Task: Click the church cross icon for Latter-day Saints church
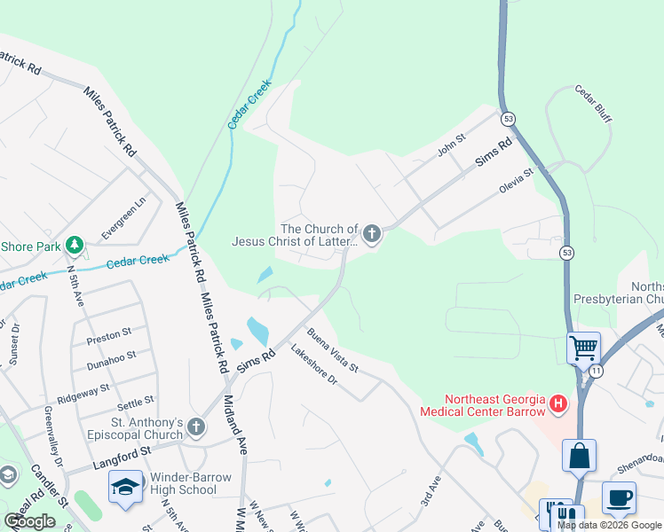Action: [x=372, y=234]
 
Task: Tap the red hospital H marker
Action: [x=558, y=405]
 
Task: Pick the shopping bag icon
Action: [x=579, y=456]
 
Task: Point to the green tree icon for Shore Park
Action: [x=75, y=245]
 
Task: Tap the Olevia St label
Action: [x=517, y=178]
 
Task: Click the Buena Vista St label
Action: [x=333, y=350]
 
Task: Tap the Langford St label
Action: [x=122, y=461]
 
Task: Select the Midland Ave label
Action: [x=236, y=425]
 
